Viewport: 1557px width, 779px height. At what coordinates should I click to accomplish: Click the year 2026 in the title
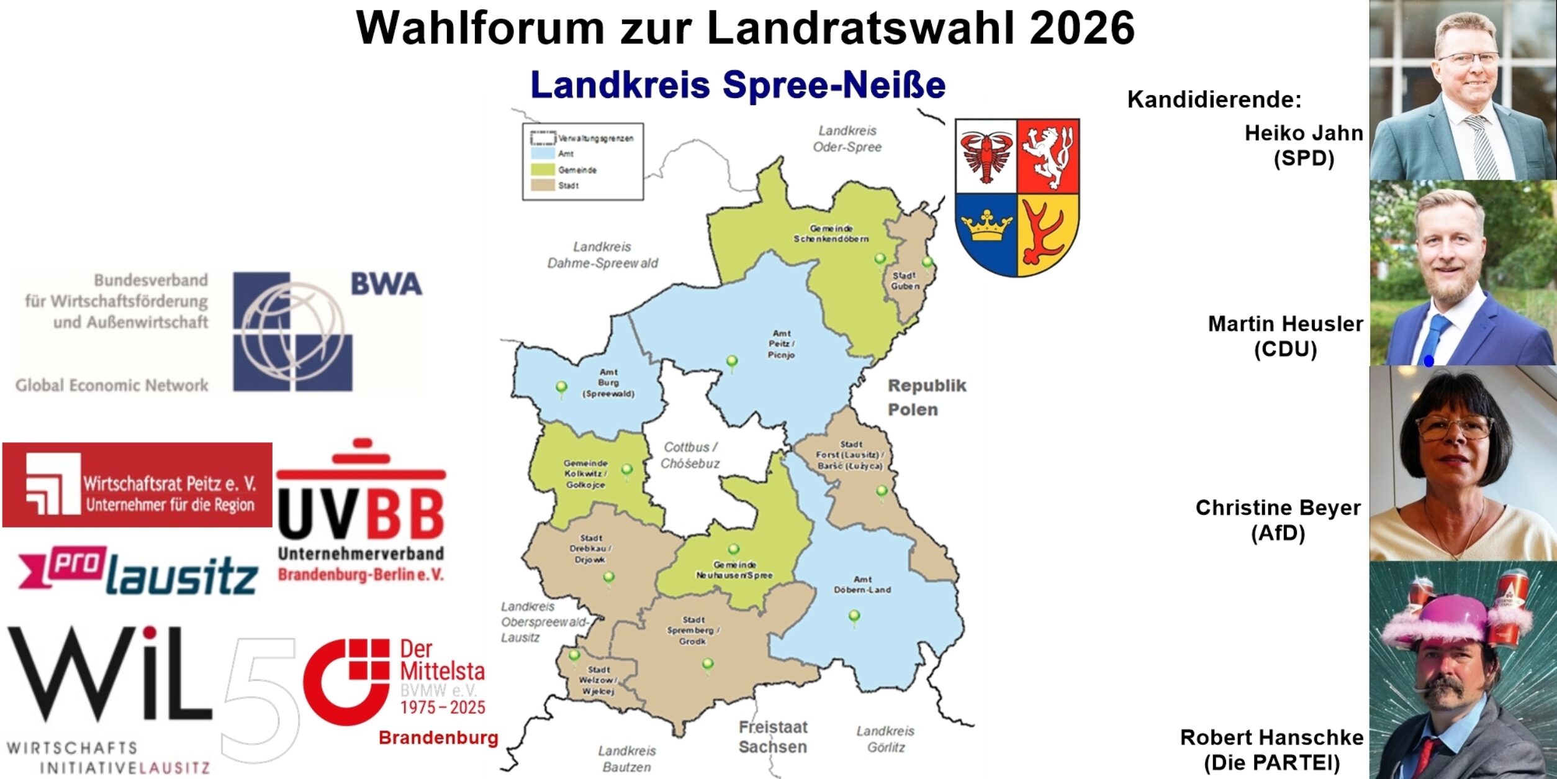click(x=1081, y=29)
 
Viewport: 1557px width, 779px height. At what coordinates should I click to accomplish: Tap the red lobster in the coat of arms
click(x=986, y=155)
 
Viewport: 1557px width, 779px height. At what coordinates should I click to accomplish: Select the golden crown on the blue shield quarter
click(x=986, y=226)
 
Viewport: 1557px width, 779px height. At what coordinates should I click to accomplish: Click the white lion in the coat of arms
click(x=1047, y=155)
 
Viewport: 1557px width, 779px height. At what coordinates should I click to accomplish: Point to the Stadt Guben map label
click(x=905, y=281)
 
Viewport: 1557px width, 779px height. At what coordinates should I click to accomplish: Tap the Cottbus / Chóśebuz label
click(x=690, y=455)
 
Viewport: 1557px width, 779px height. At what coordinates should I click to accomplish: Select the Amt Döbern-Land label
click(x=862, y=585)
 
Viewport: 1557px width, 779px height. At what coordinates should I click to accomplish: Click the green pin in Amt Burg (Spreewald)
click(x=561, y=388)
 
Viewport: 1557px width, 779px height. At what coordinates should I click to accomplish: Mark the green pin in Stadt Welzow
click(x=574, y=655)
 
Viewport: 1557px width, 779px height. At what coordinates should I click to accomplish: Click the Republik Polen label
click(x=926, y=398)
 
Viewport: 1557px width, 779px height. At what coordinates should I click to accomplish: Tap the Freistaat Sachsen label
click(x=773, y=737)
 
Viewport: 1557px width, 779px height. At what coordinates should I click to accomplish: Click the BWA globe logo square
click(x=292, y=332)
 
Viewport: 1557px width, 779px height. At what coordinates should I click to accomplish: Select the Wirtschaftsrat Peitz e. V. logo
click(x=137, y=485)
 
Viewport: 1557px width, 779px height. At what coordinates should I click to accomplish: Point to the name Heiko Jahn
click(x=1303, y=133)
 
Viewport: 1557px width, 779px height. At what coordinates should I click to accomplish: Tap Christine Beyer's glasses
click(x=1455, y=427)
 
